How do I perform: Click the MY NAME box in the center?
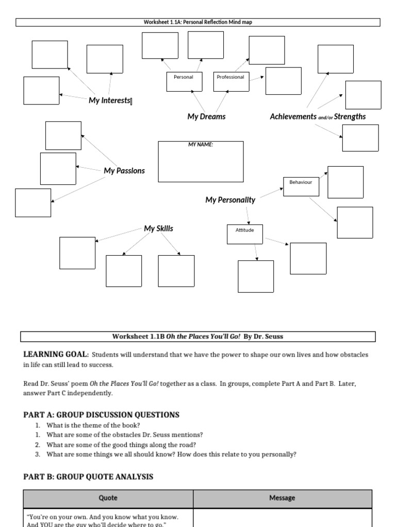[x=201, y=161]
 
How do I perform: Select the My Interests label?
[x=109, y=100]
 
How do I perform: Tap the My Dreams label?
[x=206, y=117]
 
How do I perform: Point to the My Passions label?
[x=124, y=171]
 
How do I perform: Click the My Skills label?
[x=158, y=229]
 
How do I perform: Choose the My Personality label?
[x=230, y=200]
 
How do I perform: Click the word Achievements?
[x=293, y=117]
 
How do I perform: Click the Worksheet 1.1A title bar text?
[x=198, y=22]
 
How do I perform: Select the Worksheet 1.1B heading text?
[x=198, y=337]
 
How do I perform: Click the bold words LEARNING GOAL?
[x=56, y=355]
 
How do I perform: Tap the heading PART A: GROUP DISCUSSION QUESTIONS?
[x=101, y=415]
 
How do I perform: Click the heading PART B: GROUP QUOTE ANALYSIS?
[x=88, y=477]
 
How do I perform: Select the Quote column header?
[x=108, y=498]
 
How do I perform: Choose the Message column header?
[x=282, y=498]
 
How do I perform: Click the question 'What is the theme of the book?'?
[x=82, y=425]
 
